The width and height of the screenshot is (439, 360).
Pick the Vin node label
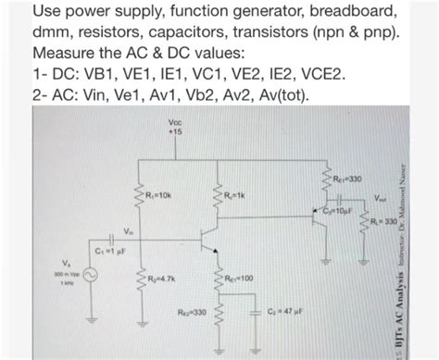click(128, 230)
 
